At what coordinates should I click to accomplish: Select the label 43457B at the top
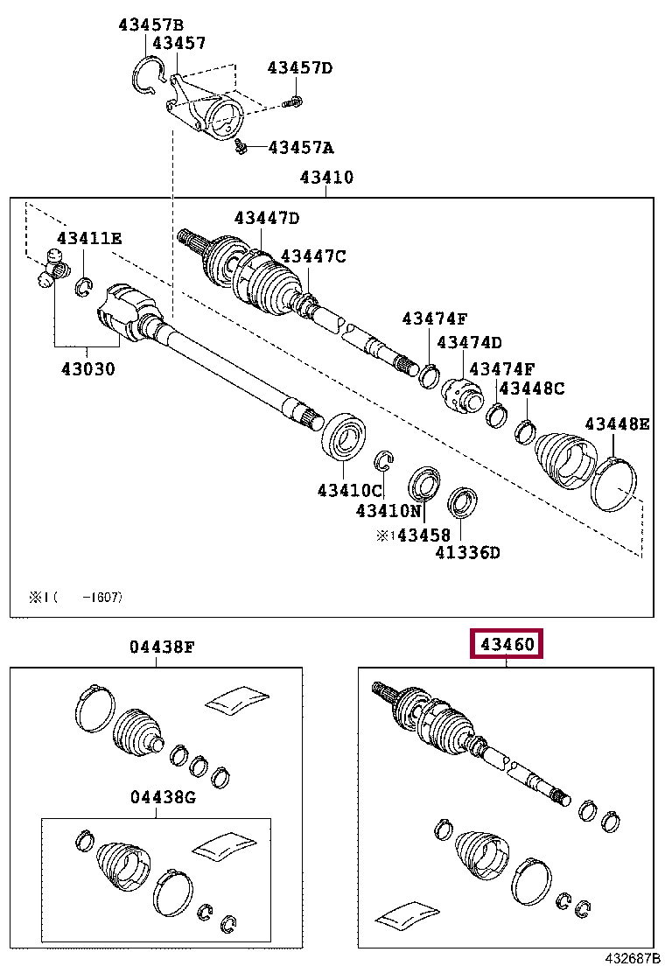(151, 24)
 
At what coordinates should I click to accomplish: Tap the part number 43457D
(300, 67)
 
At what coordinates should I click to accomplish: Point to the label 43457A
(300, 147)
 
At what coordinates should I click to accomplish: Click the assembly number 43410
(326, 178)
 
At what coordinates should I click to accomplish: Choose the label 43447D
(266, 218)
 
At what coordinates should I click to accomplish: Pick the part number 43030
(87, 368)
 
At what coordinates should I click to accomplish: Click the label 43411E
(90, 238)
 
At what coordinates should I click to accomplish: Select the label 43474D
(470, 342)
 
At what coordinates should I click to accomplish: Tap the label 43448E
(617, 424)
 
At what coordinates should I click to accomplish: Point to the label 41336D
(468, 552)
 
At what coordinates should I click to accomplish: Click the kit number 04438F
(161, 647)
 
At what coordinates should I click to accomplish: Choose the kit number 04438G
(163, 797)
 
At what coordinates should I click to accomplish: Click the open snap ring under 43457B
(146, 73)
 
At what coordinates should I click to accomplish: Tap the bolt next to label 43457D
(295, 101)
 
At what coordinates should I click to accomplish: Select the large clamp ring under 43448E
(614, 483)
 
